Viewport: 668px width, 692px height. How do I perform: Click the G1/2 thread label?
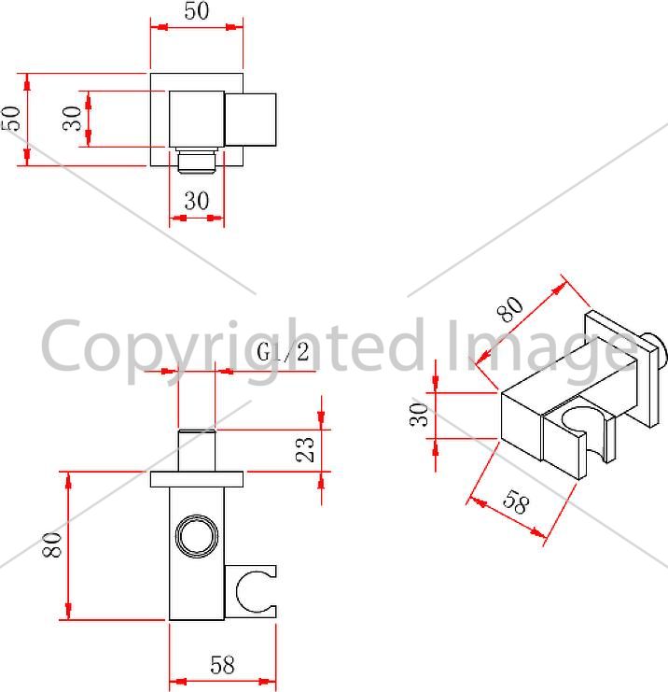pos(283,353)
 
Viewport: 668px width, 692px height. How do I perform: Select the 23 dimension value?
pos(305,450)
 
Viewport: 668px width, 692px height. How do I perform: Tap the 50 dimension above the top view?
pos(197,10)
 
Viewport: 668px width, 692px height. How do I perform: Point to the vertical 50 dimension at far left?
pos(11,119)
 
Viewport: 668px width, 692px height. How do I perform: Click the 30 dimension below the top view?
pos(197,201)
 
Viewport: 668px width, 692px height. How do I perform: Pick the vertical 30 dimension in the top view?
pos(73,119)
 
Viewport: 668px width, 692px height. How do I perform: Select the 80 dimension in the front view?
pos(52,545)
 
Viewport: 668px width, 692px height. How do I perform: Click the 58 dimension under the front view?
pos(222,665)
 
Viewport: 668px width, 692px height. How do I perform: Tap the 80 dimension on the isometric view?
pos(510,309)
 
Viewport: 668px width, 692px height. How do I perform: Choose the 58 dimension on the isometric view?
pos(515,502)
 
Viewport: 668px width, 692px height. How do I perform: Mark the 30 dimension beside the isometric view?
pos(419,415)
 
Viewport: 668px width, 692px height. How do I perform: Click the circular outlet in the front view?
pos(197,536)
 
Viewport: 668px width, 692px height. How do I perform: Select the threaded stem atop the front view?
pos(197,451)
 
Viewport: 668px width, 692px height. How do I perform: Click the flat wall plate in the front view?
pos(197,479)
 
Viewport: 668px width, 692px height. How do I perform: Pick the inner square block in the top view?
pos(197,120)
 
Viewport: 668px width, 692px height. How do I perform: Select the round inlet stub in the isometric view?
pos(653,348)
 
